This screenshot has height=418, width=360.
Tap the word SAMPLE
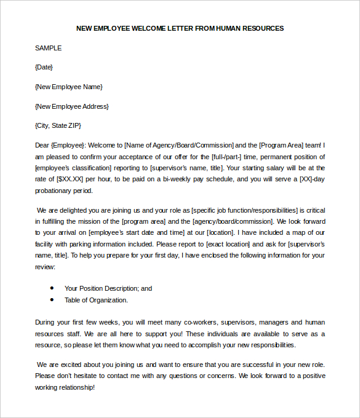pos(48,48)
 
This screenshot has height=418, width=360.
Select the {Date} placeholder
pos(44,67)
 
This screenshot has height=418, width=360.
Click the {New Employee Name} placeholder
pos(69,87)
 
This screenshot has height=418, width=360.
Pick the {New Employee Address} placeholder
pos(72,106)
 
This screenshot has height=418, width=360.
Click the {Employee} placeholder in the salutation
pos(68,146)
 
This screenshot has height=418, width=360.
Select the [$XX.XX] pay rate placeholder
pos(69,179)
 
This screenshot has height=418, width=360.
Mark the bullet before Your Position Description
pos(51,288)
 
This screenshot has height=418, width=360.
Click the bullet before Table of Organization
pos(51,300)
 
